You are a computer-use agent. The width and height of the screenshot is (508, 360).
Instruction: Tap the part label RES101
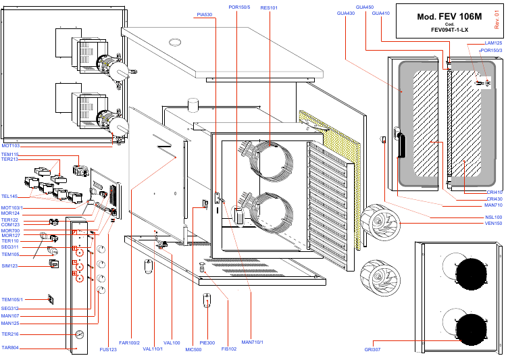[x=269, y=7]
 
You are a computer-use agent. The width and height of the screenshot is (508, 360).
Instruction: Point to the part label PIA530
[x=204, y=14]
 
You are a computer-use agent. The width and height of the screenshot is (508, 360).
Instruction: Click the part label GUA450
[x=364, y=7]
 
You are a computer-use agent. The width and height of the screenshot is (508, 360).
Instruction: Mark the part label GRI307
[x=372, y=349]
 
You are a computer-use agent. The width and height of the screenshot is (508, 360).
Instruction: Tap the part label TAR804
[x=10, y=348]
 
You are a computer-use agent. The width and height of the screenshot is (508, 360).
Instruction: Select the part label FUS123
[x=108, y=349]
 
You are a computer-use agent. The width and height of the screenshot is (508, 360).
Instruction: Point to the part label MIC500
[x=193, y=349]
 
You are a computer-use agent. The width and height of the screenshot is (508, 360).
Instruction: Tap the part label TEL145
[x=9, y=197]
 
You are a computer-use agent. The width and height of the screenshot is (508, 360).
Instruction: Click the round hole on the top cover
[x=176, y=42]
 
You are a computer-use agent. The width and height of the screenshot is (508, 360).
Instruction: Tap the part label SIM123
[x=9, y=266]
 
